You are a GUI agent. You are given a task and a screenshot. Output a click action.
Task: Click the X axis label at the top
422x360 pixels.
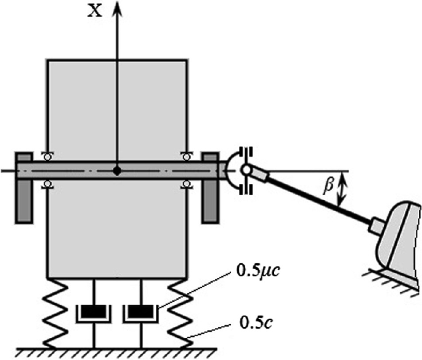(x=94, y=12)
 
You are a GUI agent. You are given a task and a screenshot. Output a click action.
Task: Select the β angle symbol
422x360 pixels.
(x=329, y=183)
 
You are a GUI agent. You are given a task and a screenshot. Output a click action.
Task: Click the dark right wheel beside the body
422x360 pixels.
(x=211, y=188)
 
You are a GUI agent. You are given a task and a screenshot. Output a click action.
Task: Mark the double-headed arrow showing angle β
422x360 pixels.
(x=343, y=188)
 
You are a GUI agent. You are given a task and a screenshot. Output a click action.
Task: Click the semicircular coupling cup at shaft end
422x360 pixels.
(x=232, y=170)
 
